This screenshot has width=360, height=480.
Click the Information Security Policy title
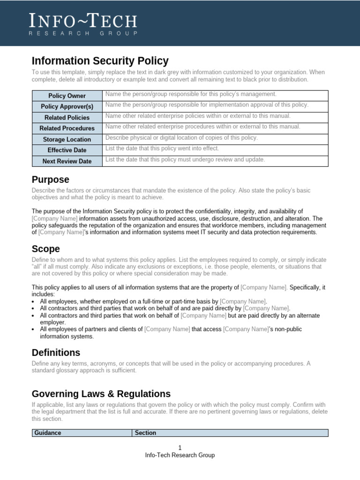tap(100, 61)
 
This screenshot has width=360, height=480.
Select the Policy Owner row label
tap(67, 96)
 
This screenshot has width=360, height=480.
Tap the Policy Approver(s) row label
tap(67, 107)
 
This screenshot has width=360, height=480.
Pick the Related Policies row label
tap(67, 118)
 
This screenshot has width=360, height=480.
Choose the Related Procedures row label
tap(67, 128)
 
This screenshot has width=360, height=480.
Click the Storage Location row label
tap(67, 139)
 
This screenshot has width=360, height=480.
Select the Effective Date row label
tap(67, 150)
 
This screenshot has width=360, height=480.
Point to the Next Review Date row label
tap(67, 161)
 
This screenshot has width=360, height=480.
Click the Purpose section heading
tap(50, 180)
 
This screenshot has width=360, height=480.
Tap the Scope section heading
tap(45, 248)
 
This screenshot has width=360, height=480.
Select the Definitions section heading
tap(56, 352)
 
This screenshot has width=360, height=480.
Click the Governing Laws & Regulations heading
tap(101, 394)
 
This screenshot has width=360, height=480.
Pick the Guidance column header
tap(48, 433)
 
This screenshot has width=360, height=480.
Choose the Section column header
tap(145, 433)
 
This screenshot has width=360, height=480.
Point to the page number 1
tap(180, 448)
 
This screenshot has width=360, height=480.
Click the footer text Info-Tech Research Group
tap(180, 455)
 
